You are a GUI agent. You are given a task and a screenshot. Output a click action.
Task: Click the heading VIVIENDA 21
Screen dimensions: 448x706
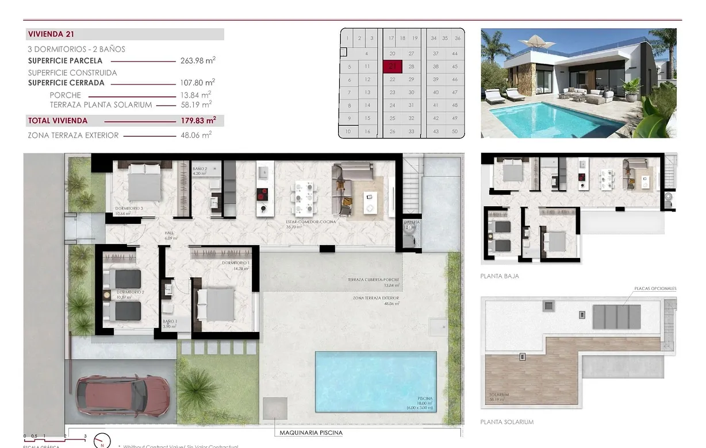click(x=51, y=34)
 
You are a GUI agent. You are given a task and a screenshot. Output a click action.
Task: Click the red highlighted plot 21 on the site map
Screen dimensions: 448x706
click(x=392, y=67)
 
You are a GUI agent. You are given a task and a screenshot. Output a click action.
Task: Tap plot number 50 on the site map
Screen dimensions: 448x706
click(x=455, y=132)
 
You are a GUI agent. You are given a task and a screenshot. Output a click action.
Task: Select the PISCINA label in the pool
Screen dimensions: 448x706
click(x=425, y=399)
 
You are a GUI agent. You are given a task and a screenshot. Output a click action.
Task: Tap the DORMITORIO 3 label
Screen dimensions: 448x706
click(x=129, y=208)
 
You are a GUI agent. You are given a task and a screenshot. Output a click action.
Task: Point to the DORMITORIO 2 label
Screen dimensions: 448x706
click(x=129, y=292)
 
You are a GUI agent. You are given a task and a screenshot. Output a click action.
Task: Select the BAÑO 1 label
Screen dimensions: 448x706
click(x=170, y=322)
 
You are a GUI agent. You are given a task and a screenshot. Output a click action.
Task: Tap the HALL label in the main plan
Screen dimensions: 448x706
click(x=169, y=233)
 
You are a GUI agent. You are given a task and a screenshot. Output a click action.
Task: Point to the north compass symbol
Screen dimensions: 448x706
click(x=102, y=440)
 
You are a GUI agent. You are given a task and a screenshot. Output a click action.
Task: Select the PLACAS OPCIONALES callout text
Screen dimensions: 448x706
click(x=655, y=288)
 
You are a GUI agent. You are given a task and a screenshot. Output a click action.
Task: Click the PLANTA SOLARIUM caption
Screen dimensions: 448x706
click(x=507, y=422)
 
